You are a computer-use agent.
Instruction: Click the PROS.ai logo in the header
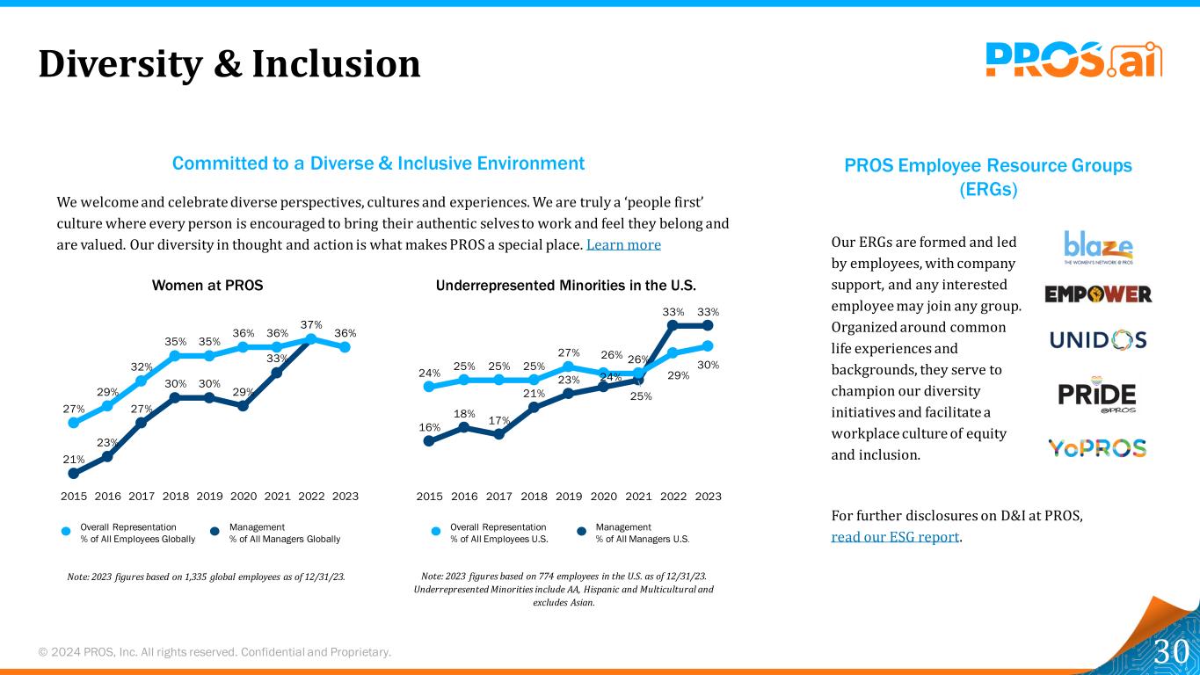point(1073,61)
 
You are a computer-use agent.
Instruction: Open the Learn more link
point(623,244)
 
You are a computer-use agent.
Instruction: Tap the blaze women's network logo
point(1098,247)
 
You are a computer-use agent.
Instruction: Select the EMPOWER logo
point(1098,294)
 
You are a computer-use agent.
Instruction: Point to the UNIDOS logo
point(1098,339)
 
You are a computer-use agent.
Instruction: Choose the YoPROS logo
point(1097,448)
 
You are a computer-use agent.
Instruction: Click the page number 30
point(1171,651)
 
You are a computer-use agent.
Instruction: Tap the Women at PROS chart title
point(207,286)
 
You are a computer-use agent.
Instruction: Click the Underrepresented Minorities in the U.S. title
point(566,286)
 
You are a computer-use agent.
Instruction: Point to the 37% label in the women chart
point(311,324)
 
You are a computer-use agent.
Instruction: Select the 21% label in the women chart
point(74,459)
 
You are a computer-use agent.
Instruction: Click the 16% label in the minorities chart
point(429,426)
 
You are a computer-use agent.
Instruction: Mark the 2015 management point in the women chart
point(74,474)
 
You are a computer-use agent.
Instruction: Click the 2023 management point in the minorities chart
point(708,325)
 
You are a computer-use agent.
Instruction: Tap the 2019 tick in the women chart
point(209,497)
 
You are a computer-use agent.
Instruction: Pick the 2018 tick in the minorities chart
point(534,497)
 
